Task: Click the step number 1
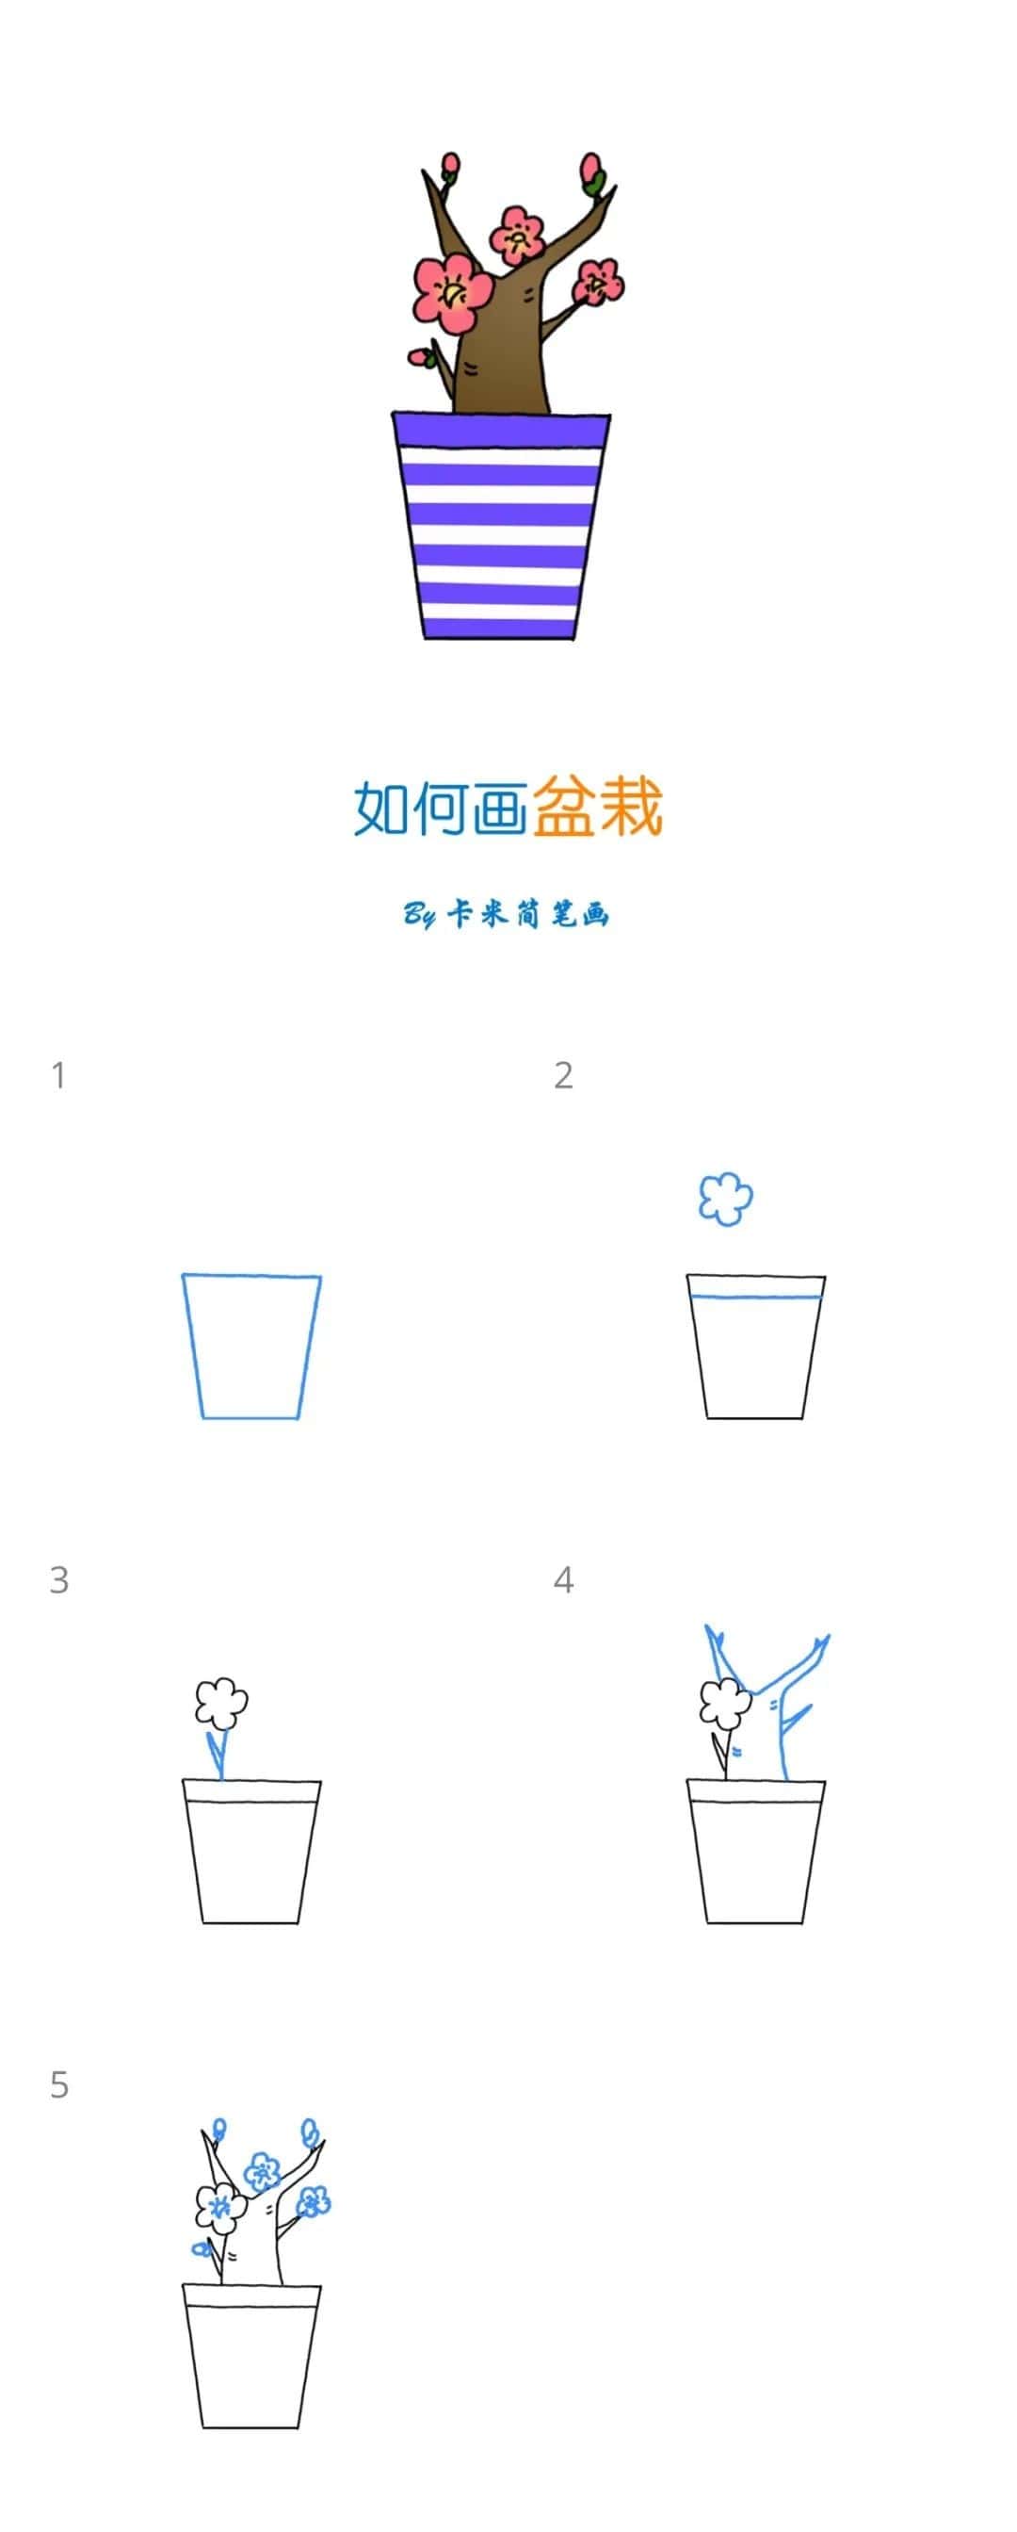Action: [x=59, y=1075]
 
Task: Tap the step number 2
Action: [x=563, y=1075]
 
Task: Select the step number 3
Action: [x=59, y=1579]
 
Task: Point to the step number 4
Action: [x=563, y=1579]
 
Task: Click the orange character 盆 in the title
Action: [x=565, y=807]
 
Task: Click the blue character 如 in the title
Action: [x=381, y=808]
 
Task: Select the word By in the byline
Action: [x=420, y=916]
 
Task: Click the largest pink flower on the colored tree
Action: [x=453, y=291]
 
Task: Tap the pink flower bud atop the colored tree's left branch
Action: [x=451, y=164]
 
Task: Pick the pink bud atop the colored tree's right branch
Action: [x=591, y=170]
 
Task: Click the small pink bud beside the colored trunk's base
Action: [x=421, y=358]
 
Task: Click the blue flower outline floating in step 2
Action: [x=725, y=1199]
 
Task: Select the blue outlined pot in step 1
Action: [x=251, y=1347]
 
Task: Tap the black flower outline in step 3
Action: [x=221, y=1702]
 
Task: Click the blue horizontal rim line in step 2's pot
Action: [x=754, y=1298]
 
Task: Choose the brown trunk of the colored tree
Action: [x=501, y=354]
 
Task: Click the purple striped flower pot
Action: [x=500, y=526]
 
